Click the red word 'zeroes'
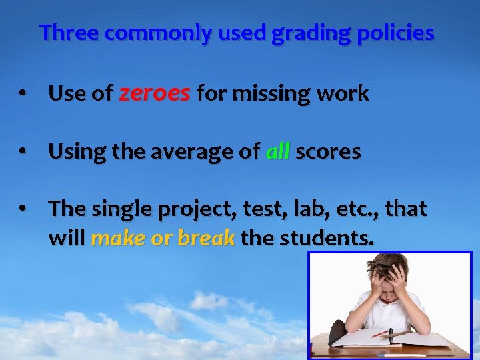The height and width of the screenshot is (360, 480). click(155, 94)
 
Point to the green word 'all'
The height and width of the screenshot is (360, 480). click(278, 152)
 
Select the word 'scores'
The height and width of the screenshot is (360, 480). click(329, 152)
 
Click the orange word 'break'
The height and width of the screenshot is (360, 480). click(206, 239)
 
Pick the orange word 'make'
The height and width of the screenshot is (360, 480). click(118, 239)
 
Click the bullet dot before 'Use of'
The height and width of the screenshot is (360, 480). click(23, 95)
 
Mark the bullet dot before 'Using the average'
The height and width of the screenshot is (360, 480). click(23, 153)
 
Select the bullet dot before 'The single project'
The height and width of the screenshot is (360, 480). click(23, 209)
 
